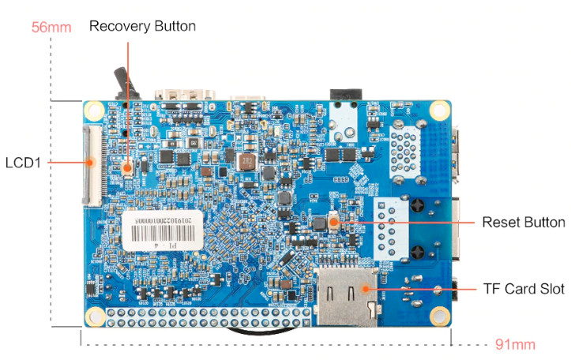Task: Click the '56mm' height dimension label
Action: [x=51, y=28]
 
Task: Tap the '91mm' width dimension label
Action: [x=515, y=344]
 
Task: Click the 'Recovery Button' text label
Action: [x=142, y=26]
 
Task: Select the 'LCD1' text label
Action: [x=23, y=163]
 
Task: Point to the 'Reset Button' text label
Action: [x=524, y=222]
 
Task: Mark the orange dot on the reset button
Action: [x=333, y=222]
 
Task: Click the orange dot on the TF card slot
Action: [x=366, y=289]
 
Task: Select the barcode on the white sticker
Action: [x=171, y=234]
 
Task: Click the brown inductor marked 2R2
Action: [x=247, y=163]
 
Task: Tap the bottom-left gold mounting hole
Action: [x=96, y=317]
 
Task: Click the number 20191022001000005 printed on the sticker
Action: [x=171, y=217]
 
